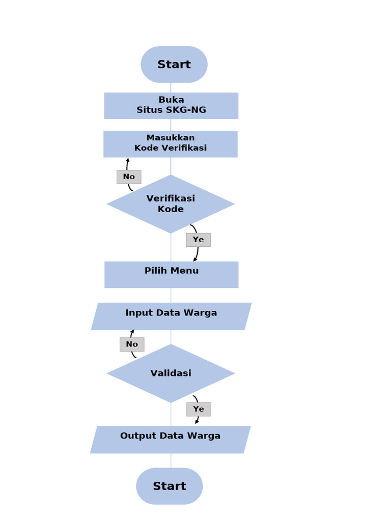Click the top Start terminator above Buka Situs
click(174, 65)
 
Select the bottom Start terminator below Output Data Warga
click(170, 486)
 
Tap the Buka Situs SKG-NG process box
click(171, 105)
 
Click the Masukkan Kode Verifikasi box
click(171, 143)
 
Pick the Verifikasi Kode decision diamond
click(171, 204)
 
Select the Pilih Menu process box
click(171, 275)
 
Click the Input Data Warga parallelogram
click(171, 316)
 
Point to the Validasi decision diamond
click(171, 373)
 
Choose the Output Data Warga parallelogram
click(170, 440)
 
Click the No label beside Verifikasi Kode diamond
click(129, 177)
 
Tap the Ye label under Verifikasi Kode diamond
click(198, 240)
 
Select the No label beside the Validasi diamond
click(132, 344)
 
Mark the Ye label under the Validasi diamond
click(199, 409)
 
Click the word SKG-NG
click(186, 110)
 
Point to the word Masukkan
click(171, 137)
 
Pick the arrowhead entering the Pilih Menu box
click(195, 259)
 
